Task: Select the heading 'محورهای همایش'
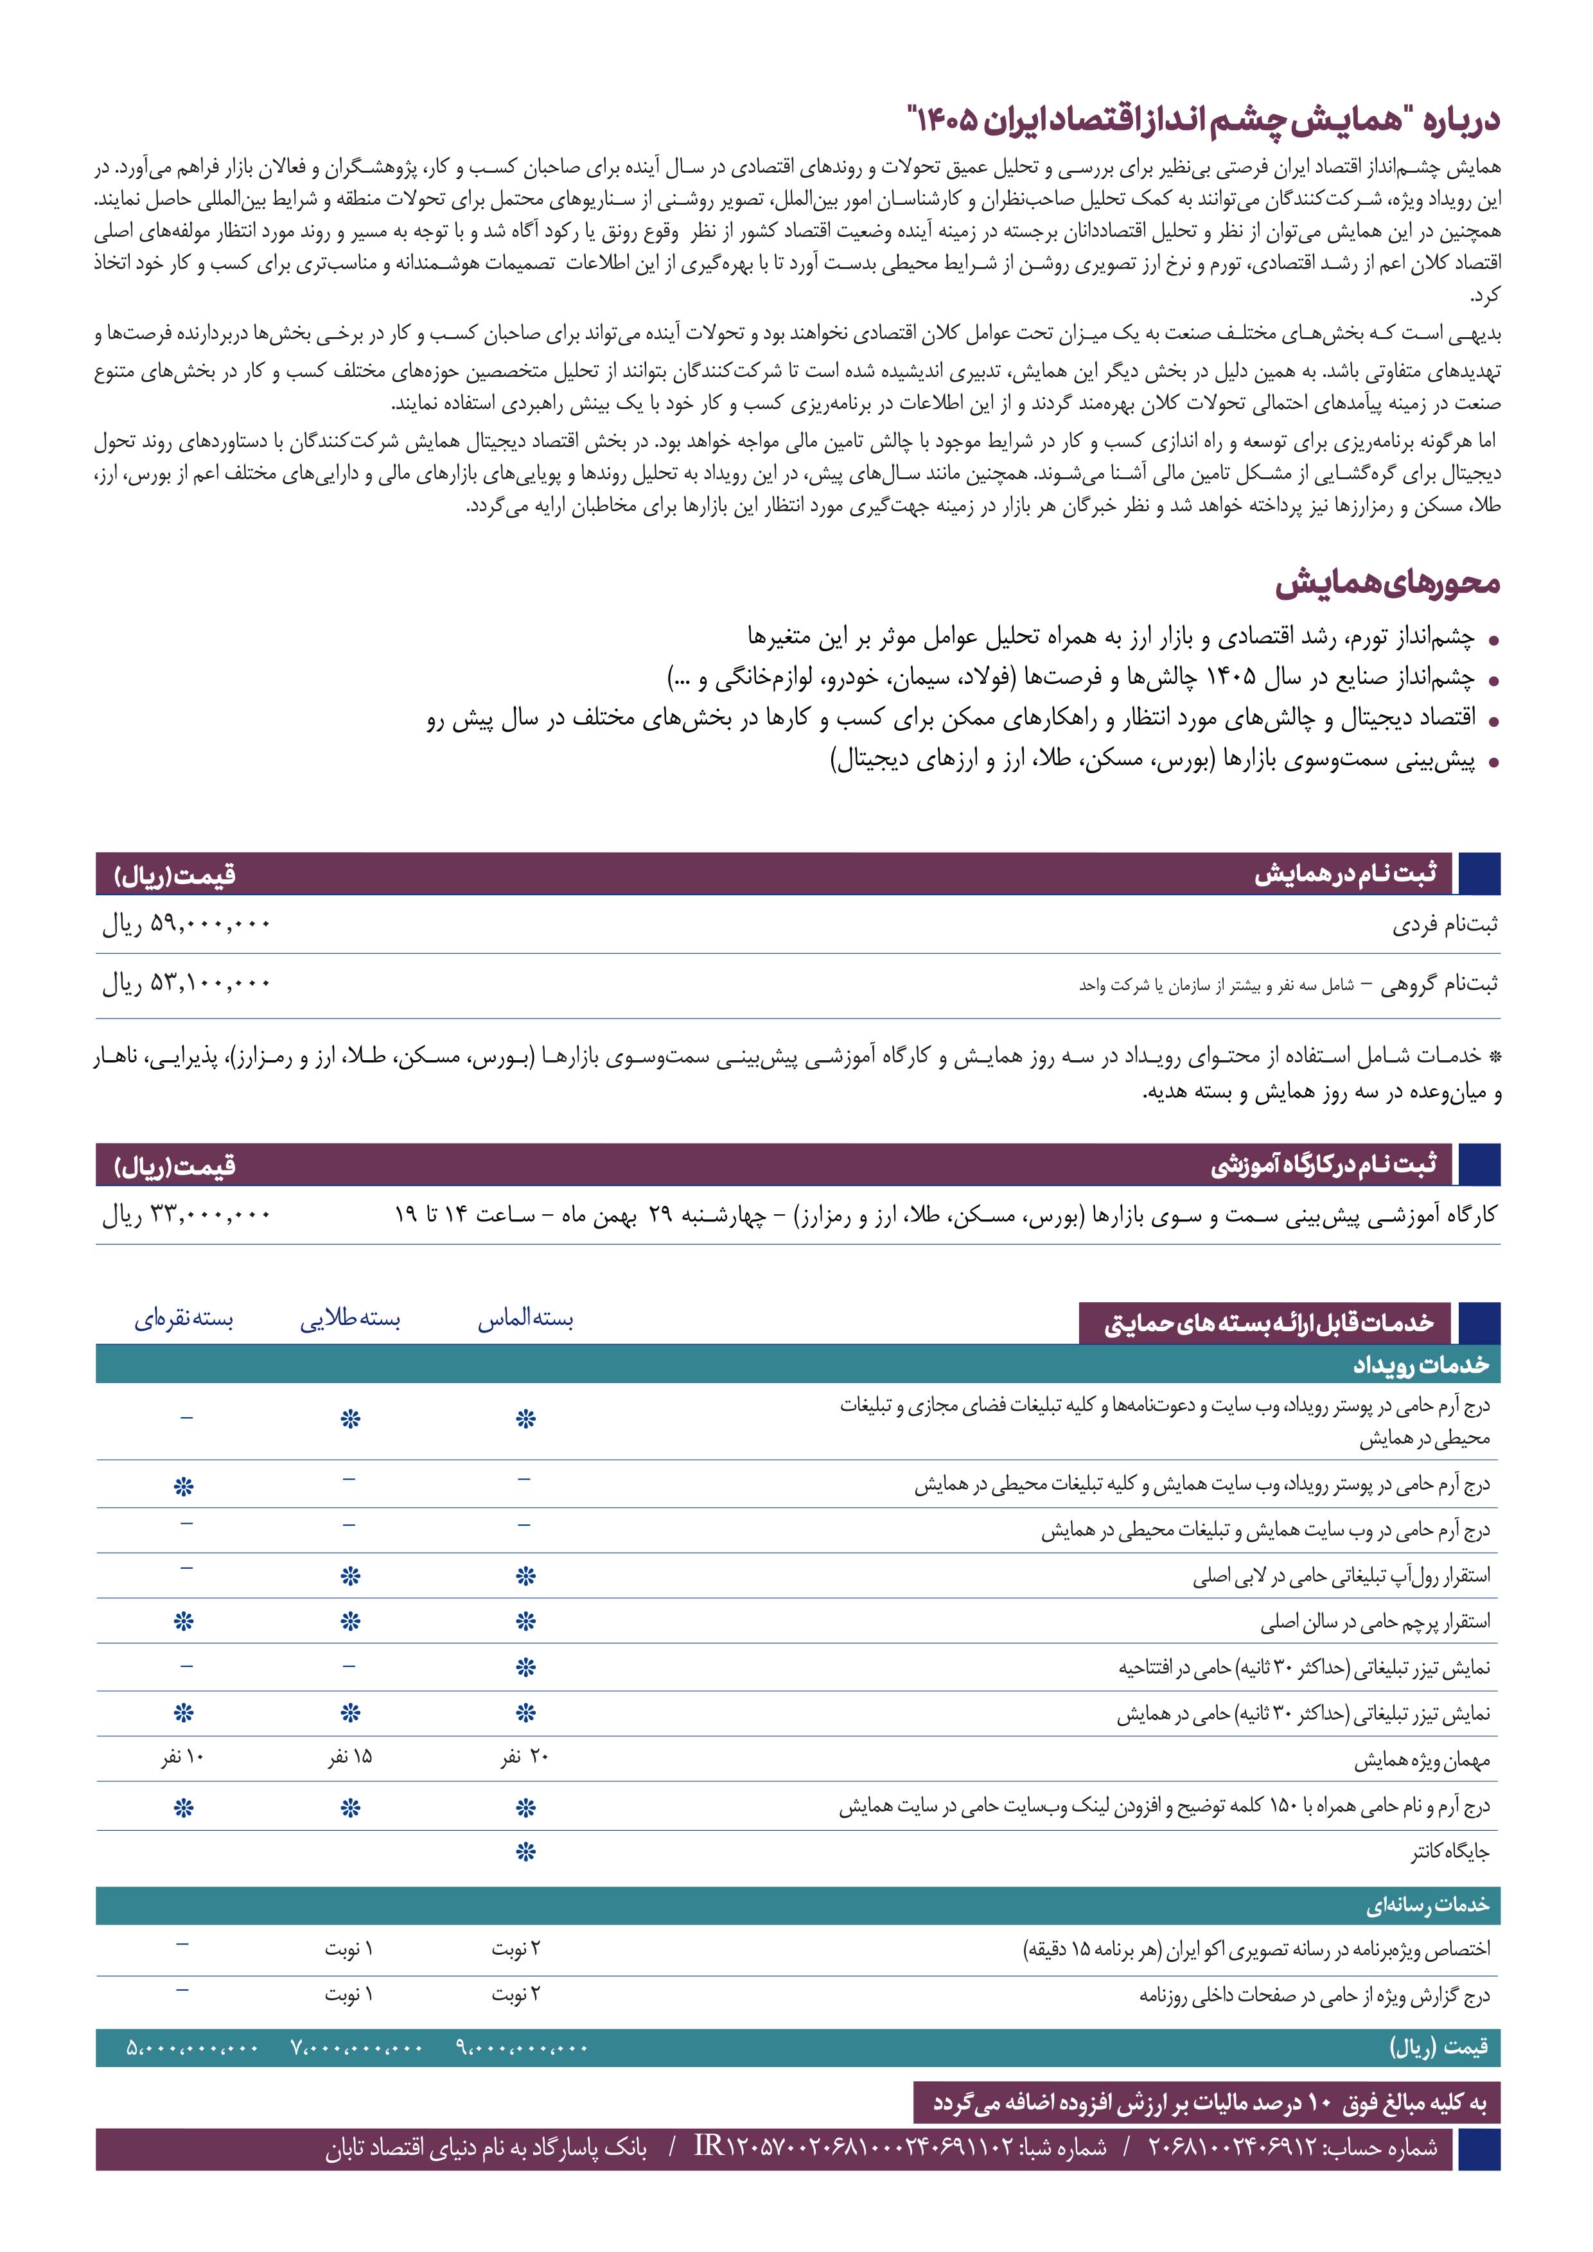tap(1388, 584)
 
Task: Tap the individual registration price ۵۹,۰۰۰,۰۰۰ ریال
tap(186, 925)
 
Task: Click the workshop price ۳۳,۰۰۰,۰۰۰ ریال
tap(186, 1215)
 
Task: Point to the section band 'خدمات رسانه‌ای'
tap(1427, 1906)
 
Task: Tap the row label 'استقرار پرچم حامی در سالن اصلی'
tap(1374, 1622)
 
